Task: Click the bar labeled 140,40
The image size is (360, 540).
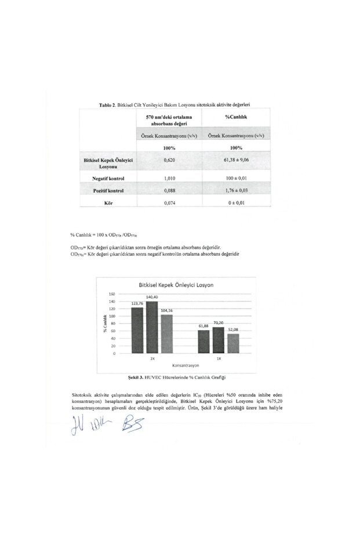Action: pos(152,327)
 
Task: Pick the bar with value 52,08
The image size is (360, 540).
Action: pos(233,343)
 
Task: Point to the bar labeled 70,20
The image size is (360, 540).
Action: pos(218,340)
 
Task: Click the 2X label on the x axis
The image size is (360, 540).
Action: pos(152,359)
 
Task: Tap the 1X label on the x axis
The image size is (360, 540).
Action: pos(218,359)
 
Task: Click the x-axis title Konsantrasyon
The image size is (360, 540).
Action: pos(186,367)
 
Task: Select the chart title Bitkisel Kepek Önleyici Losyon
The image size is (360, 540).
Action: pos(176,285)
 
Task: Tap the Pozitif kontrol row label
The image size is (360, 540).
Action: pos(109,190)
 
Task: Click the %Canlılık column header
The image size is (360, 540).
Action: pos(237,118)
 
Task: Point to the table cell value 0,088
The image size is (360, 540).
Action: pos(169,190)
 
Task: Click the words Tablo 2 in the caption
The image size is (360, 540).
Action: pos(109,105)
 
